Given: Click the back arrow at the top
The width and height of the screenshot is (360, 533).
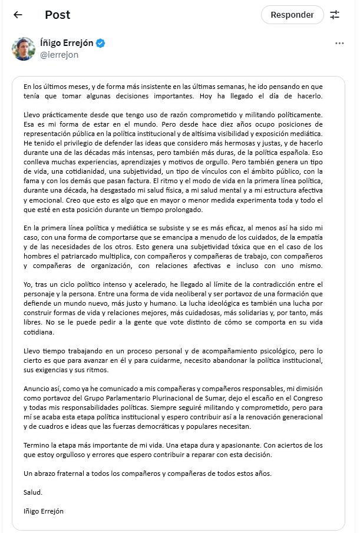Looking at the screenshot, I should click(x=18, y=15).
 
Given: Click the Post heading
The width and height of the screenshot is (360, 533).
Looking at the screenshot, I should click(x=57, y=15).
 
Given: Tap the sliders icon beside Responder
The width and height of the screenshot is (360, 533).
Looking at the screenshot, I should click(x=335, y=15).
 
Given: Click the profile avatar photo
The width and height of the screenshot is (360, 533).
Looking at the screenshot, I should click(x=23, y=49).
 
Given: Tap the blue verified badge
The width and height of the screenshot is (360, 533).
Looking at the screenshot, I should click(x=101, y=44).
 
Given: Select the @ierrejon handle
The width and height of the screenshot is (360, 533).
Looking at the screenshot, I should click(x=59, y=55).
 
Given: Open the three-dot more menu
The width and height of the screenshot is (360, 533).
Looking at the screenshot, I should click(x=339, y=44).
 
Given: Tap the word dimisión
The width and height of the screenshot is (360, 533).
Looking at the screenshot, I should click(x=308, y=389).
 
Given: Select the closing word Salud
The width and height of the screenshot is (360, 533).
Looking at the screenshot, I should click(x=33, y=492).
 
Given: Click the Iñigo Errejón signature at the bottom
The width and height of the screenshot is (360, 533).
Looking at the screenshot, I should click(x=43, y=511).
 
